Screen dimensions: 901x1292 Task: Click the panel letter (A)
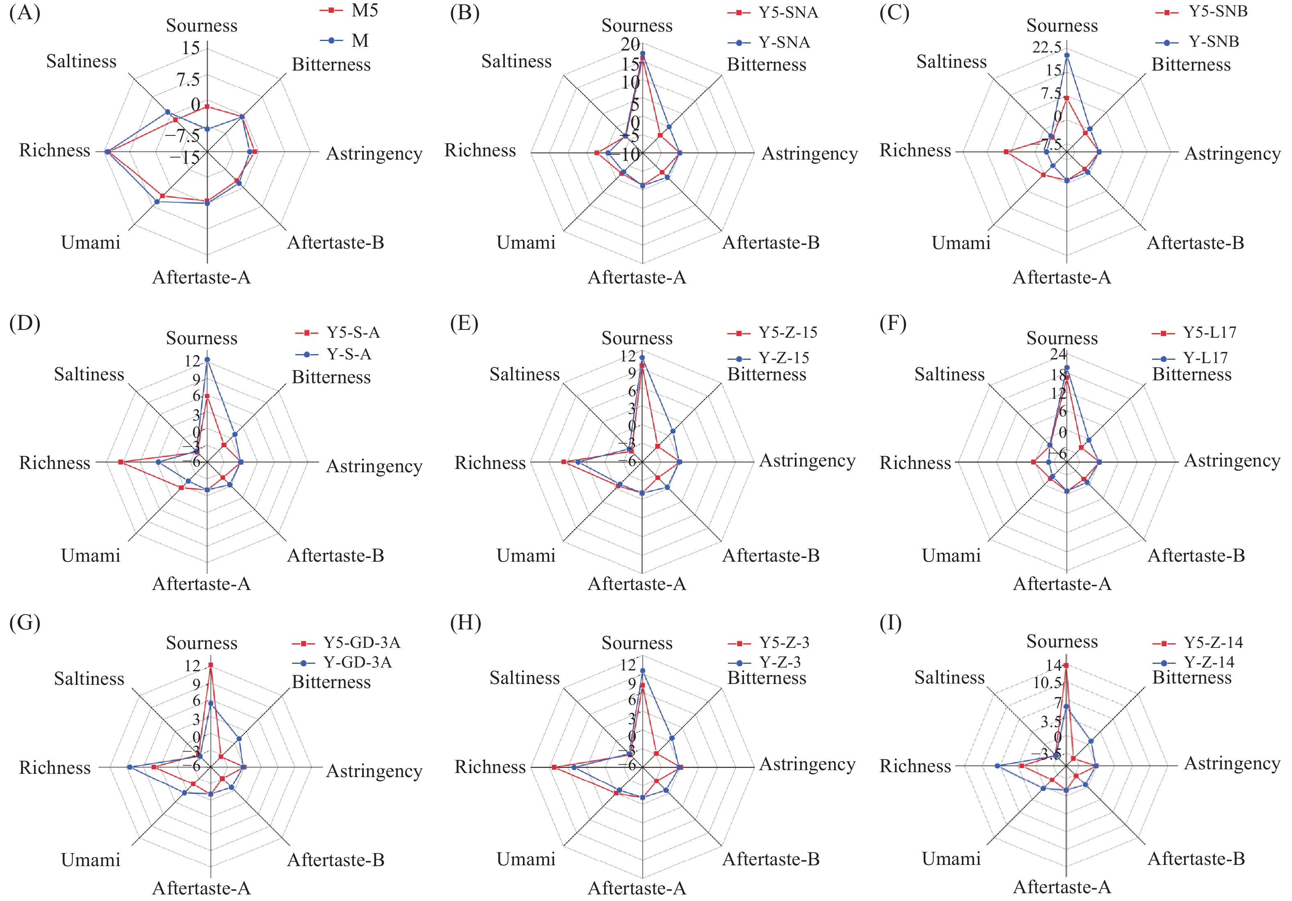pos(25,12)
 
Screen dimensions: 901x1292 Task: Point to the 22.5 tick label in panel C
pos(1047,47)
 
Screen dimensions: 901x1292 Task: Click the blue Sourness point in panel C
pos(1067,55)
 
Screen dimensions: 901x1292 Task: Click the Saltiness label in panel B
pos(516,62)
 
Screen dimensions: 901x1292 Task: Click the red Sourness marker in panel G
pos(211,665)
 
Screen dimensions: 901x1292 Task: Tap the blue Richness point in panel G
pos(130,767)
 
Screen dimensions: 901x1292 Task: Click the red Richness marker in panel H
pos(554,767)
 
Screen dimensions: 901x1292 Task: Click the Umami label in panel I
pos(951,859)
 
